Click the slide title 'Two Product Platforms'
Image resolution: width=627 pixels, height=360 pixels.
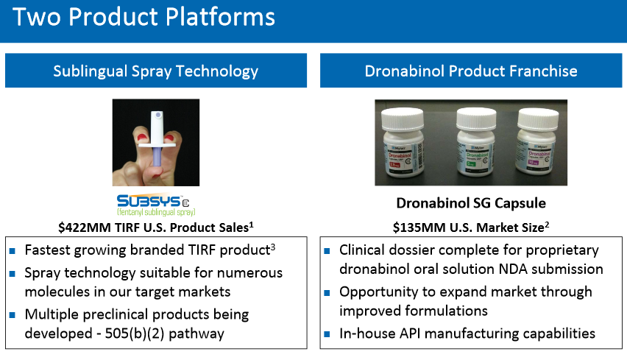(144, 18)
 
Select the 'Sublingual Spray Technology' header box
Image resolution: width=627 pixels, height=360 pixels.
(155, 71)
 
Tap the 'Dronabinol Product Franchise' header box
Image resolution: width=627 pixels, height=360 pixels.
(471, 71)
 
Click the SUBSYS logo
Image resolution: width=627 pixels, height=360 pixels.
(155, 203)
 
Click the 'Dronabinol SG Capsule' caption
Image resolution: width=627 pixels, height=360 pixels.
(471, 203)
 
